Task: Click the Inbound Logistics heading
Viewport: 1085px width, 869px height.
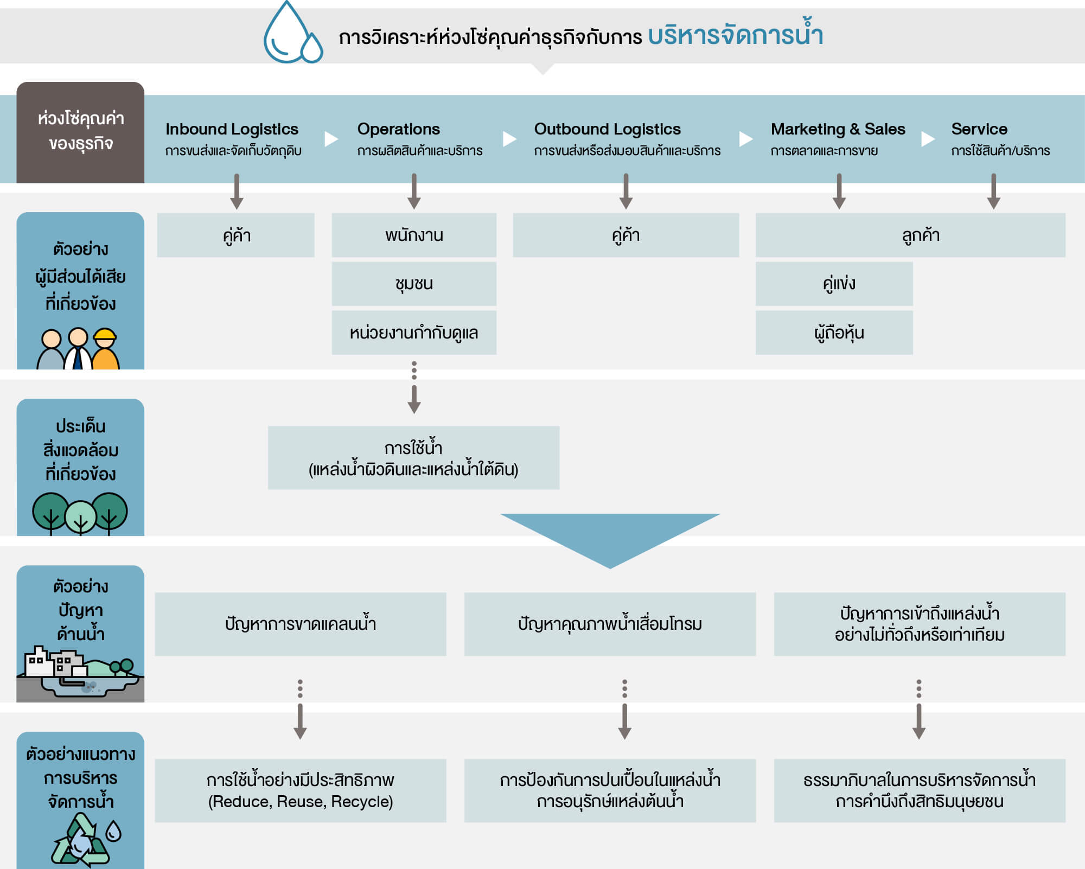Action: click(x=232, y=129)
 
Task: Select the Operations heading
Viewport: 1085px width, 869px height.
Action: click(x=398, y=129)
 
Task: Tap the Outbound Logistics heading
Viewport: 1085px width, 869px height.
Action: click(x=607, y=129)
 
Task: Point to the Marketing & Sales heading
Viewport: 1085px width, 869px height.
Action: click(x=838, y=129)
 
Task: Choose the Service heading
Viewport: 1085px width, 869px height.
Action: click(x=979, y=129)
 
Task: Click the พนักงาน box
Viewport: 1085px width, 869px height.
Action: click(x=414, y=235)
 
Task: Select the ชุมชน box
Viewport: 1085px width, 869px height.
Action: click(x=414, y=284)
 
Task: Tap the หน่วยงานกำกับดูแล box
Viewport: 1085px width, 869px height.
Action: click(x=414, y=333)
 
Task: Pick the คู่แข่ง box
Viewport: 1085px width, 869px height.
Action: click(x=834, y=284)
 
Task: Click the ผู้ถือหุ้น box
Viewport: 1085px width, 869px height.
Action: click(x=834, y=333)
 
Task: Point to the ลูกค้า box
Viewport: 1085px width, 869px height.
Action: click(x=910, y=235)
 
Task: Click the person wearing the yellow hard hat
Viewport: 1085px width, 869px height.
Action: click(x=105, y=350)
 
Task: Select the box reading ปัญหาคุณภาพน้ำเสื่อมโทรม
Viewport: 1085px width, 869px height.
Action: click(x=610, y=624)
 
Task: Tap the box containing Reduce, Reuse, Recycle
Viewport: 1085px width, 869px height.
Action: click(x=300, y=790)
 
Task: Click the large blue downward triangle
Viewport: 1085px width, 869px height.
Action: click(x=610, y=534)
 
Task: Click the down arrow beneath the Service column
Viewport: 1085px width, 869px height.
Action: click(x=993, y=191)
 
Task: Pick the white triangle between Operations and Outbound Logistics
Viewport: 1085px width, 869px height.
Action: click(x=509, y=139)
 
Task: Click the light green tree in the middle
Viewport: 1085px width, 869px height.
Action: click(x=80, y=516)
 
